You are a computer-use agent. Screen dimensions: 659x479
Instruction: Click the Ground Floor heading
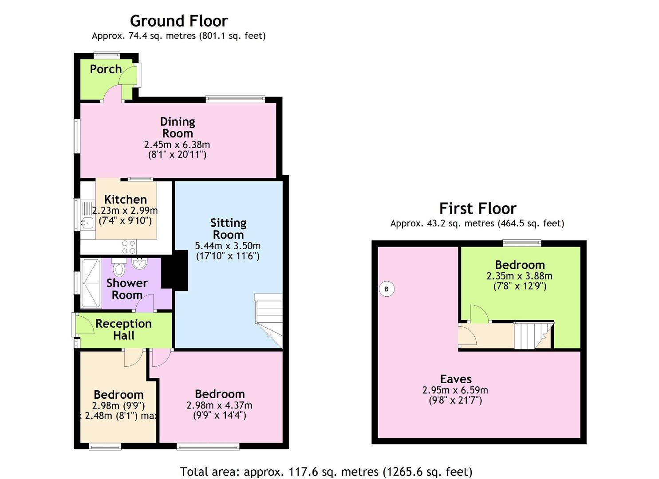(x=179, y=21)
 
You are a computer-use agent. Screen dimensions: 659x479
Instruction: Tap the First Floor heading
(x=478, y=209)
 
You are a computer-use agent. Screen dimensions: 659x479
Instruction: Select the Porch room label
(x=106, y=69)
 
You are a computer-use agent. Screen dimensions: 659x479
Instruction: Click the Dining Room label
(x=178, y=127)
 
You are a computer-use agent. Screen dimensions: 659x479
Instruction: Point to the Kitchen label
(x=126, y=200)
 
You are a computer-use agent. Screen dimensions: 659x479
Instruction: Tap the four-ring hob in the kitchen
(x=129, y=247)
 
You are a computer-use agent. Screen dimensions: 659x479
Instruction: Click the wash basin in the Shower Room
(x=140, y=263)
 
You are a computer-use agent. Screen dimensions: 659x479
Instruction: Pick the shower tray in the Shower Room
(x=91, y=283)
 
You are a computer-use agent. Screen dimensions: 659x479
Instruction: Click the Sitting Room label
(x=228, y=229)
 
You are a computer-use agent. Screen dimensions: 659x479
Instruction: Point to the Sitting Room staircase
(x=268, y=321)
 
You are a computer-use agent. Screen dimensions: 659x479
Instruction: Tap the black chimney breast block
(x=175, y=270)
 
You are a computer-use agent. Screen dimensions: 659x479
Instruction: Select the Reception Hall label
(x=123, y=330)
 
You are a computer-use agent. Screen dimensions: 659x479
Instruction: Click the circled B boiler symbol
(x=387, y=289)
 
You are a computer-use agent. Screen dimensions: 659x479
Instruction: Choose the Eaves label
(x=456, y=379)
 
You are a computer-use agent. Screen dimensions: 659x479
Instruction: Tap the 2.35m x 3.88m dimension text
(x=520, y=276)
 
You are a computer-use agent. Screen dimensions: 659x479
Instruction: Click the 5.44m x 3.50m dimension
(x=228, y=246)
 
